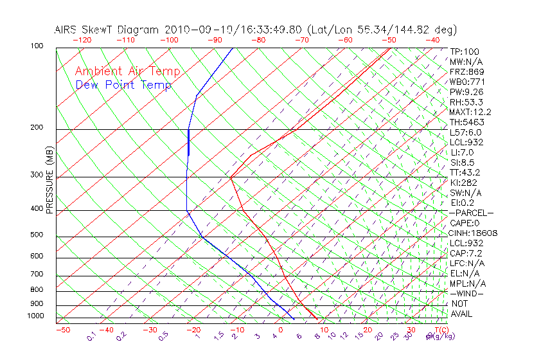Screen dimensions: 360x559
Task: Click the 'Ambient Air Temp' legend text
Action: tap(127, 71)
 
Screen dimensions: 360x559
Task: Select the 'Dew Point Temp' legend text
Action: tap(123, 85)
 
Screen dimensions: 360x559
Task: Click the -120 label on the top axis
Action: tap(81, 40)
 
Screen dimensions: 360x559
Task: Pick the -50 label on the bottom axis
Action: tap(62, 330)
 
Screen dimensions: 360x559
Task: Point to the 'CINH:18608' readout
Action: tap(474, 233)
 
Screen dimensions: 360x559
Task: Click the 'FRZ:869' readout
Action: tap(466, 71)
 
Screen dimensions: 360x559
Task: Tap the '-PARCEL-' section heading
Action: tap(471, 213)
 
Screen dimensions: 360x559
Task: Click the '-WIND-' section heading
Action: tap(467, 293)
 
